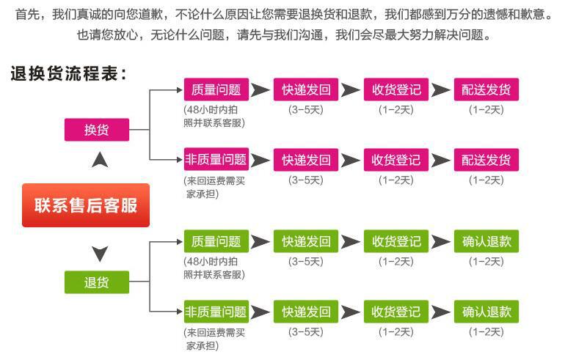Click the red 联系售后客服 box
tap(85, 205)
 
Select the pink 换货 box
tap(96, 130)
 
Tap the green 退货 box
tap(96, 282)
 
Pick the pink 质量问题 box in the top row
tap(216, 89)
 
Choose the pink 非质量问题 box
tap(216, 159)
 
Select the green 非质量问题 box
tap(216, 311)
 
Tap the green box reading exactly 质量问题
tap(216, 241)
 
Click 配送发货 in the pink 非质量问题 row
tap(486, 159)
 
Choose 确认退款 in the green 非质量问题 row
tap(486, 311)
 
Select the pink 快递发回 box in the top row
tap(306, 89)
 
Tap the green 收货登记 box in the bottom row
tap(396, 311)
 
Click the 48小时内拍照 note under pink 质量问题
tap(214, 117)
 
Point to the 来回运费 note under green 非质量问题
tap(214, 337)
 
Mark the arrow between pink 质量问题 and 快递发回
tap(260, 90)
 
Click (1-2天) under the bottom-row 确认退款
tap(486, 332)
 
